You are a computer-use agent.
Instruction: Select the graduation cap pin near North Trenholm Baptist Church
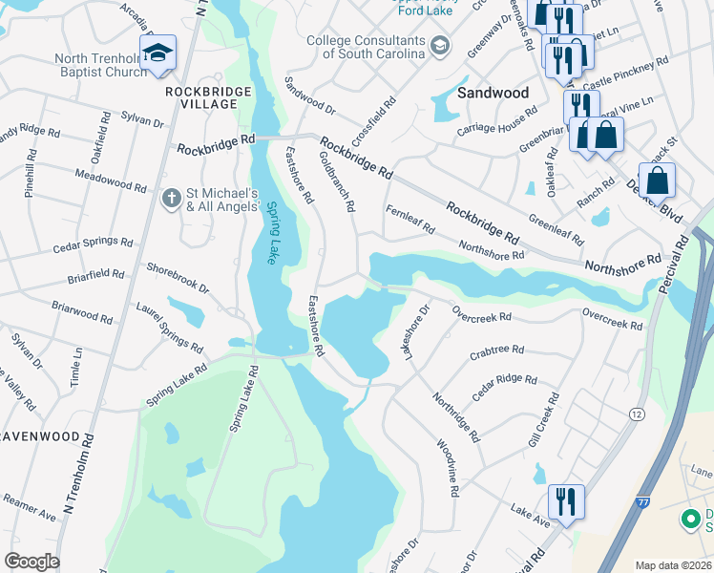click(x=157, y=53)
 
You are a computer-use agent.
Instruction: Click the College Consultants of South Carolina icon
click(x=439, y=45)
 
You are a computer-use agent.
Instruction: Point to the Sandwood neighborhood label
click(x=493, y=93)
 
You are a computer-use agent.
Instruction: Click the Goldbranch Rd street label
click(x=337, y=180)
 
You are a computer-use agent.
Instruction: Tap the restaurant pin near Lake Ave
click(x=566, y=502)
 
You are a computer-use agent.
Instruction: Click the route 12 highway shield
click(x=635, y=413)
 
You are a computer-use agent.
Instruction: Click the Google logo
click(x=31, y=561)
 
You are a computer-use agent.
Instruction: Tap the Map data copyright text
click(x=672, y=565)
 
